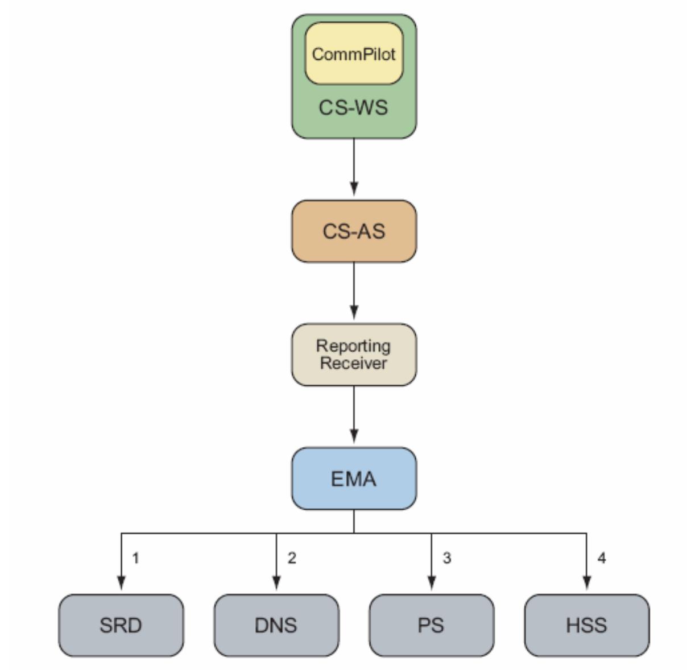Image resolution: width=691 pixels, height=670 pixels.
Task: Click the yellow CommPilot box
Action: coord(354,54)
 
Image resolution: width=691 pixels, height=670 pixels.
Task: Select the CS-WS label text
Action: coord(353,107)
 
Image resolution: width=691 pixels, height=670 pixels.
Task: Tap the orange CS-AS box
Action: coord(354,231)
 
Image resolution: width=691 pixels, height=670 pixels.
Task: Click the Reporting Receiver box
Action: coord(354,355)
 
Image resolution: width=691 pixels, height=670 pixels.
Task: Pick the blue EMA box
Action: coord(354,478)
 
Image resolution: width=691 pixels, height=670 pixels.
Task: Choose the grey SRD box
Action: coord(121,625)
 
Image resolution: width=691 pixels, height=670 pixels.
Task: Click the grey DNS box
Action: coord(276,625)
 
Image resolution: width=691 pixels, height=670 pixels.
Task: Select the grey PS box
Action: coord(431,625)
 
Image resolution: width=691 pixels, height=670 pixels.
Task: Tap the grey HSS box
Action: coord(586,625)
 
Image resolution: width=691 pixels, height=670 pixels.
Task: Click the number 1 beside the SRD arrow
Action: coord(135,558)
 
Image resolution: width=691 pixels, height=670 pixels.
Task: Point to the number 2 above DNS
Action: coord(292,558)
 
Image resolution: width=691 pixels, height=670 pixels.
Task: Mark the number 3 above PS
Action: coord(447,558)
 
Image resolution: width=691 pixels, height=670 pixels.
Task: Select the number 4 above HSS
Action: coord(602,558)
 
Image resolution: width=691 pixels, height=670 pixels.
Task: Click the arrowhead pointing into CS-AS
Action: coord(354,188)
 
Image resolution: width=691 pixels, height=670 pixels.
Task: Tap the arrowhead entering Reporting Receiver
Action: coord(354,312)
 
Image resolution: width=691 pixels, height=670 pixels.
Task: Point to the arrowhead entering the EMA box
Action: coord(354,436)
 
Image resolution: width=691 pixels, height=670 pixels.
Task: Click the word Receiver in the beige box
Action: coord(353,364)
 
